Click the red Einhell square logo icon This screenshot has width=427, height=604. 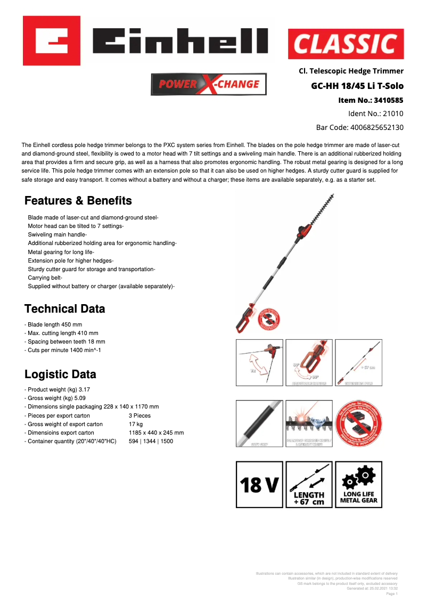[x=52, y=40]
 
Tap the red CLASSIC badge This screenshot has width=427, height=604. [x=346, y=44]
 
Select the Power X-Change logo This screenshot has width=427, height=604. [x=209, y=84]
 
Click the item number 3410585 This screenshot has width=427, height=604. [x=371, y=100]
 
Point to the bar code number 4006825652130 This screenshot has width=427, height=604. [x=359, y=127]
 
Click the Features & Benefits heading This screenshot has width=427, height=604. [x=78, y=201]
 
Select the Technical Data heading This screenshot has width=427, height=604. [x=65, y=309]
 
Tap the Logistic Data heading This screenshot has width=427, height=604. [x=60, y=374]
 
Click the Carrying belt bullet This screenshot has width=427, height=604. [x=45, y=278]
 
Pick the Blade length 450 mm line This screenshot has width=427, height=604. [x=54, y=324]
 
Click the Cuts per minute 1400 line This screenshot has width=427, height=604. [x=63, y=350]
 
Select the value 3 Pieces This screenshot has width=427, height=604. [x=139, y=415]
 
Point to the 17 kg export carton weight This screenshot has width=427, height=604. [x=135, y=424]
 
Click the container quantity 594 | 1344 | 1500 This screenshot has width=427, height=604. [x=151, y=441]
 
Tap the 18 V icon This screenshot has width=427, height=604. [x=260, y=485]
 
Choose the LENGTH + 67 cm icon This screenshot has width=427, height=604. [x=309, y=485]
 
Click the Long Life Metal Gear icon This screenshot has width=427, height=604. [x=358, y=485]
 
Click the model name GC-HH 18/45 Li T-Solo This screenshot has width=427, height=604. [x=357, y=86]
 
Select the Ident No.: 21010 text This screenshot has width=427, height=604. [x=375, y=113]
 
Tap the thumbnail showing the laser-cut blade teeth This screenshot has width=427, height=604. [x=309, y=423]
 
